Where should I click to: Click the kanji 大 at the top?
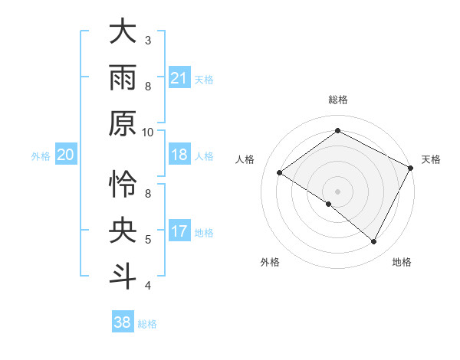tap(123, 32)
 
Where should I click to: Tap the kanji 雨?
tap(123, 77)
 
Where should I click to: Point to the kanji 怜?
tap(123, 185)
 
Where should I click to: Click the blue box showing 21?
tap(179, 78)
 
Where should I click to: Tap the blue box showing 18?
tap(179, 155)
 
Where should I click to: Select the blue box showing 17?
tap(179, 232)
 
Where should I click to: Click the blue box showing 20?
tap(65, 155)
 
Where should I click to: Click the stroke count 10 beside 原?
tap(149, 132)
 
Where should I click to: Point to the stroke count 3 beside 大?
tap(148, 40)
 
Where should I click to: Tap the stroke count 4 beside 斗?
tap(148, 286)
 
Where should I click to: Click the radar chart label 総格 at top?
tap(337, 100)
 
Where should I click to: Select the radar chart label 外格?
tap(270, 262)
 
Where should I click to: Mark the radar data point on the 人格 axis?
tap(280, 172)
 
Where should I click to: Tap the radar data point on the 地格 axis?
tap(374, 241)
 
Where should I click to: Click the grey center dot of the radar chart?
tap(337, 191)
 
